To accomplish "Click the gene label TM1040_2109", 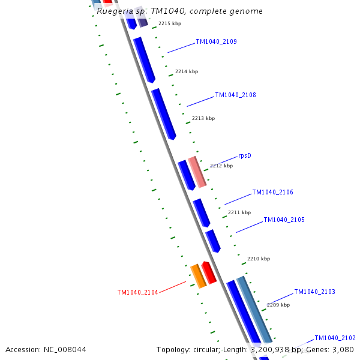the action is pos(216,42).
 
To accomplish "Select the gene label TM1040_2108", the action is pos(235,95).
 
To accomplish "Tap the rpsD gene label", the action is pos(244,156).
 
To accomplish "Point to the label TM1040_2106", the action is pos(272,193).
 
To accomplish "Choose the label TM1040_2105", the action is pos(284,220).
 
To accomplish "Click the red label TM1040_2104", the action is pos(137,293).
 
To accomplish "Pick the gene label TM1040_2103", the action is pos(314,292).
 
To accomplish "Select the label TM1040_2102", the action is pos(335,338).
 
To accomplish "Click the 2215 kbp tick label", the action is pos(169,24).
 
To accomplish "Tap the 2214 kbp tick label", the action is pos(186,72).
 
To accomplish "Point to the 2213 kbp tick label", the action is pos(203,119).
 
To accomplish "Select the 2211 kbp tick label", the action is pos(239,213).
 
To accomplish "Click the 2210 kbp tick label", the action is pos(258,259).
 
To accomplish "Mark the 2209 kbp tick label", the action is pos(278,305).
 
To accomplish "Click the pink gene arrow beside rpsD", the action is pos(197,172).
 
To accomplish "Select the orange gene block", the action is pos(198,276).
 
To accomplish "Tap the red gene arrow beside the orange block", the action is pos(209,272).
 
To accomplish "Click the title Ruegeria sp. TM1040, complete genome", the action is pos(179,11).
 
